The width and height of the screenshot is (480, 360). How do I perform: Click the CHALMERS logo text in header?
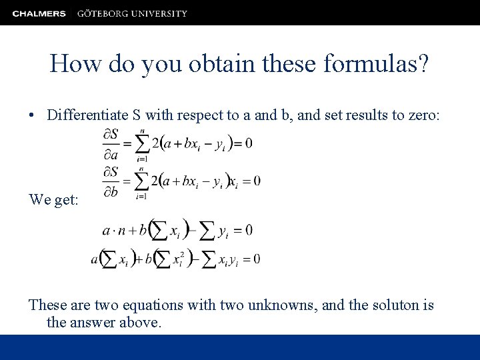click(39, 13)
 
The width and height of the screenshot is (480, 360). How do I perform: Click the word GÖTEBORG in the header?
click(103, 13)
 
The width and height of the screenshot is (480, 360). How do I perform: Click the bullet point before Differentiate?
click(33, 115)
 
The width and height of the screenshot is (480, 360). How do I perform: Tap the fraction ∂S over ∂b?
click(111, 181)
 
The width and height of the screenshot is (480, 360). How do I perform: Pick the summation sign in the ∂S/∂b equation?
click(142, 181)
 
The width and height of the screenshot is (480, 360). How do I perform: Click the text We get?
click(54, 199)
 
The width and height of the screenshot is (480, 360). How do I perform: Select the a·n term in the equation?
click(116, 230)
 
